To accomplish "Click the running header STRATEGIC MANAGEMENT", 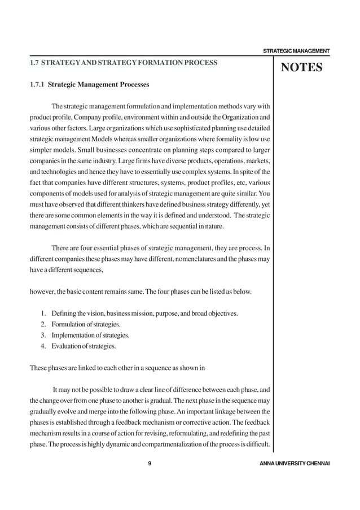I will pos(296,52).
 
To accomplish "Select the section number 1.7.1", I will pos(37,85).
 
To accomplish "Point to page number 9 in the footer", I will pos(148,464).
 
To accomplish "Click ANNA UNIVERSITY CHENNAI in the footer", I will pos(292,464).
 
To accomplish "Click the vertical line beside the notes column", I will pos(273,254).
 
